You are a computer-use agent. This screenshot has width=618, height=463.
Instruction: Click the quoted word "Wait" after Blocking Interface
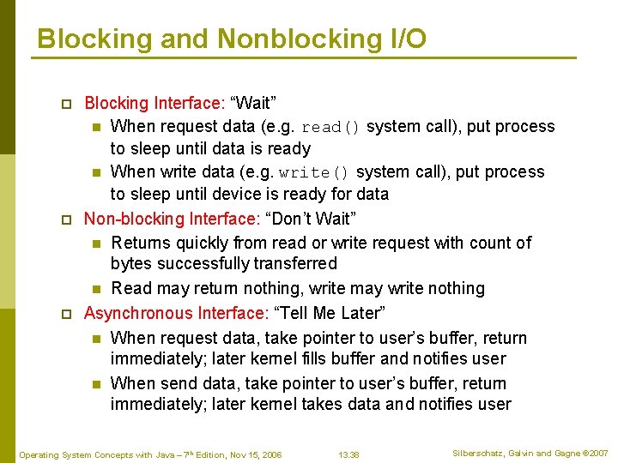tap(251, 104)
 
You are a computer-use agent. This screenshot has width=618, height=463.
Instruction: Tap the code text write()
tap(315, 172)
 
